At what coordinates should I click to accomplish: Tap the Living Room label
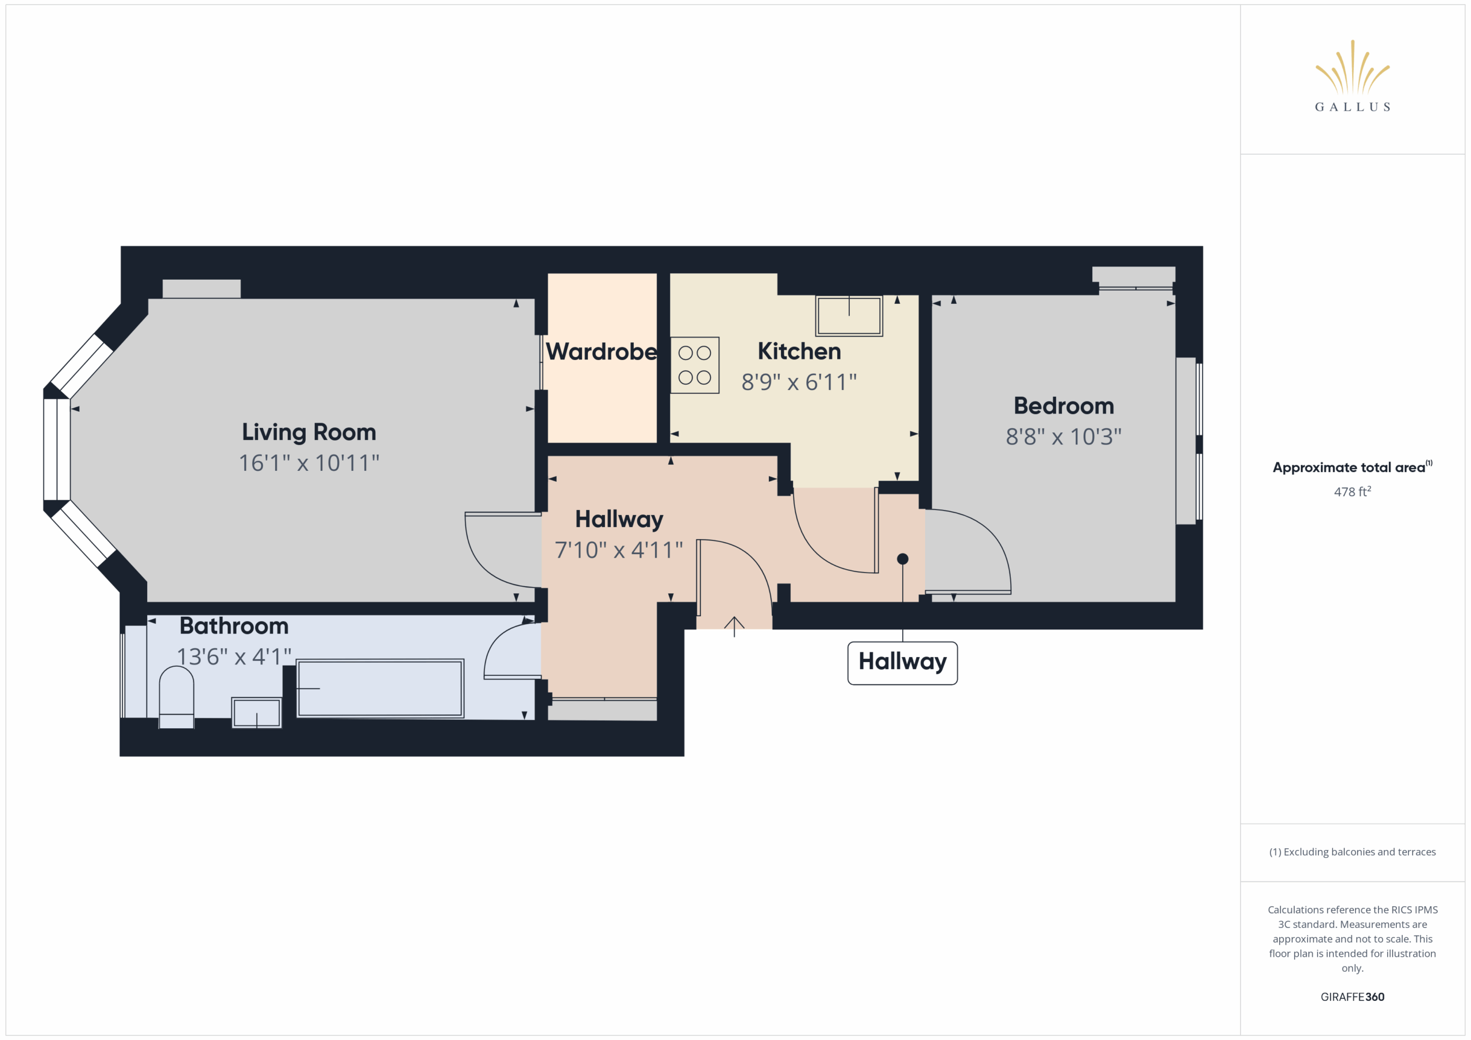point(309,433)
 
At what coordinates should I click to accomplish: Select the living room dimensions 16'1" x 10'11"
point(309,463)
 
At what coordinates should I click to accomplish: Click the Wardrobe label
point(601,351)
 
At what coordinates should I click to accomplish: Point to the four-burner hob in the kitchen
point(695,365)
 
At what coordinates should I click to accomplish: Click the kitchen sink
point(849,315)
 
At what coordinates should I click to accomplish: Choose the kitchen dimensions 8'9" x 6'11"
point(799,382)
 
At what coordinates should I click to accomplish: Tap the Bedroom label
point(1064,406)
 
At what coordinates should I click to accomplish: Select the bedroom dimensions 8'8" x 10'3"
point(1064,437)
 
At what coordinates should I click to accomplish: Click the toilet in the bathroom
point(176,697)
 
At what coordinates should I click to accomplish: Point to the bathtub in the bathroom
point(380,689)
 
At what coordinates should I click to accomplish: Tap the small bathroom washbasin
point(256,713)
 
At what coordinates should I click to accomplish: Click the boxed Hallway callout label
point(902,663)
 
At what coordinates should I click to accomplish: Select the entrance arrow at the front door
point(734,627)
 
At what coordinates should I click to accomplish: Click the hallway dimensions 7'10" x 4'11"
point(619,550)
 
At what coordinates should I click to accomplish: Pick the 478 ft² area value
point(1352,491)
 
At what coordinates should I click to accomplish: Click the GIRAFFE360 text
point(1352,997)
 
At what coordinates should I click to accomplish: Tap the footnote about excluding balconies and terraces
point(1352,852)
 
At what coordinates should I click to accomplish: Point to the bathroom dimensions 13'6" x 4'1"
point(234,657)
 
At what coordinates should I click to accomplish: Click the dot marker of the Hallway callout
point(903,559)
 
